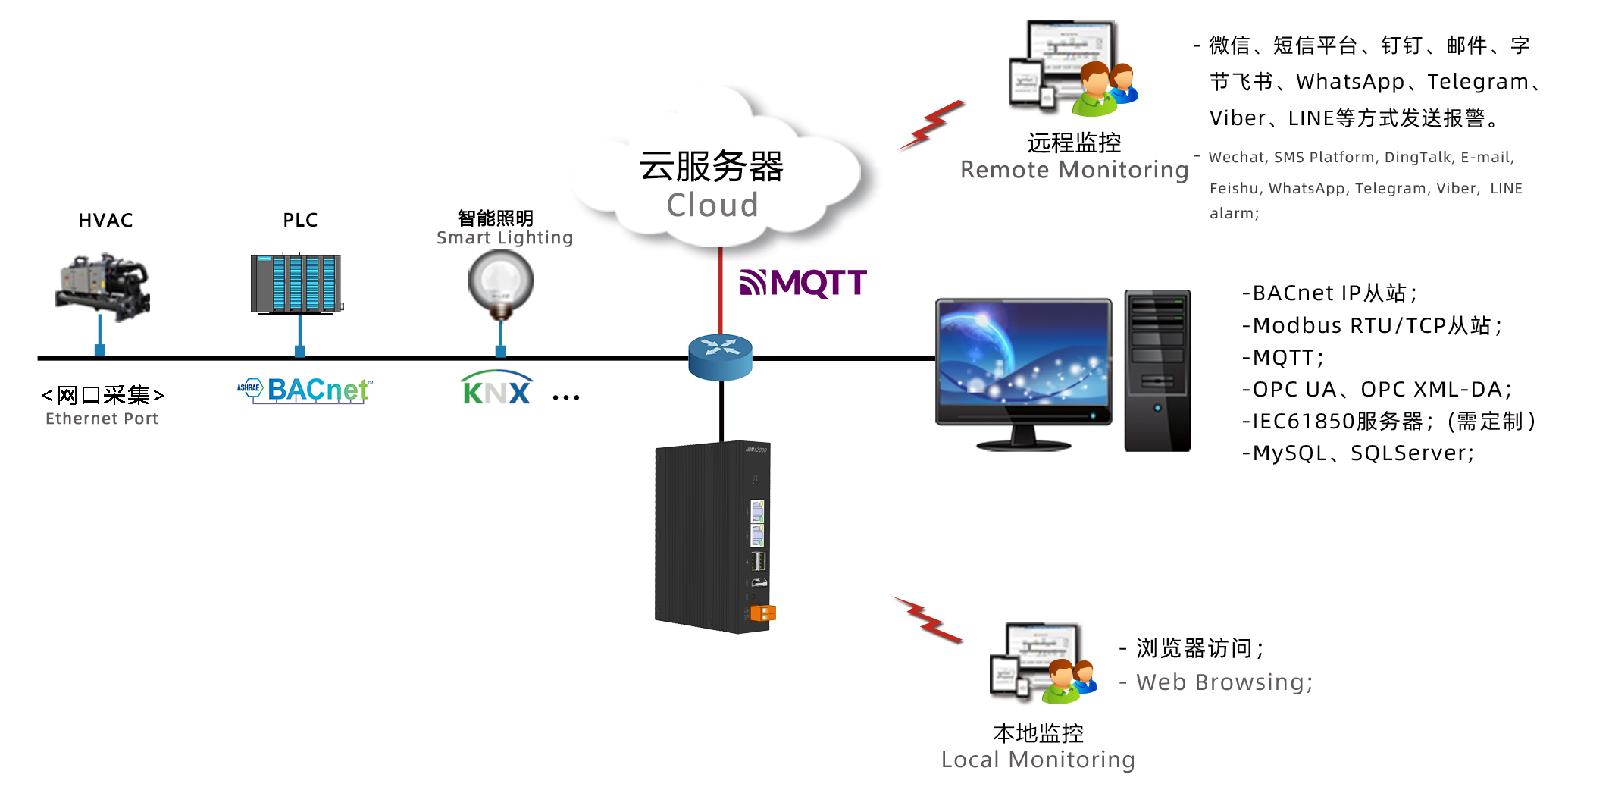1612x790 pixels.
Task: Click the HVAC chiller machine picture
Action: point(102,286)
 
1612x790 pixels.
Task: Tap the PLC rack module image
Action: point(296,284)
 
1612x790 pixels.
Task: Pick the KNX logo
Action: point(496,389)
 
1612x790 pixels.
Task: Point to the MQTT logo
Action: point(803,283)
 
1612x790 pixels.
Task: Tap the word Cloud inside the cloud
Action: point(712,205)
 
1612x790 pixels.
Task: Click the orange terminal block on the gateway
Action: point(763,613)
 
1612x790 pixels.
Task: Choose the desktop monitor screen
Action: point(1023,360)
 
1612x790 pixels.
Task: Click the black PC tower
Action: point(1157,370)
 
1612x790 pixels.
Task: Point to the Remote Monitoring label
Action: point(1074,170)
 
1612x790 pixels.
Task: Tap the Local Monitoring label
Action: point(1038,759)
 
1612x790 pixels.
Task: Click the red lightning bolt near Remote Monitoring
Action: point(931,125)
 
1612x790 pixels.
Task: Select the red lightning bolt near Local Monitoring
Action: point(928,619)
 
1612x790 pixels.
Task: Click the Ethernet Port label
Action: point(102,419)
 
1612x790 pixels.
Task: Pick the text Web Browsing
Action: point(1224,682)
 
